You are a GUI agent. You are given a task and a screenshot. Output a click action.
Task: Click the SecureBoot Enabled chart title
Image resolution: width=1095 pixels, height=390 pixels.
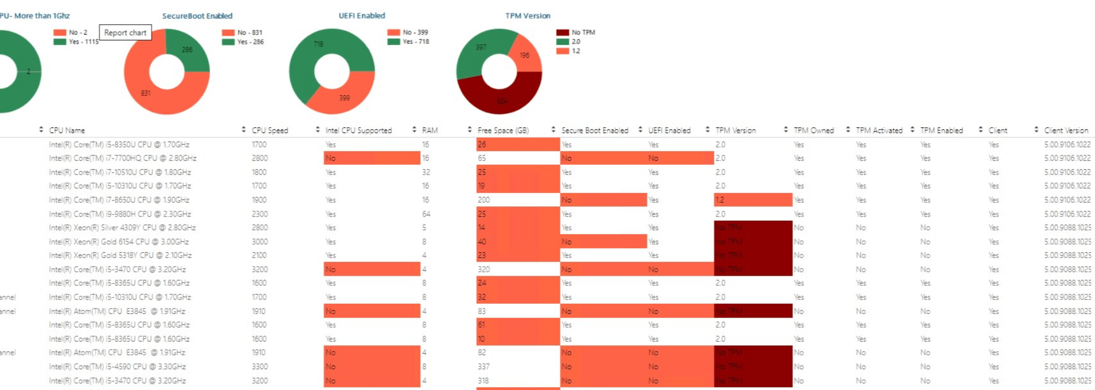click(197, 16)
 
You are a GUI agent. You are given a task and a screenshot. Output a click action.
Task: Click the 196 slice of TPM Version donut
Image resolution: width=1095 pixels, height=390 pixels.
click(524, 55)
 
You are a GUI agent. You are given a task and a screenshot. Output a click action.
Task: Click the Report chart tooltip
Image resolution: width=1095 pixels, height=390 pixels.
click(125, 33)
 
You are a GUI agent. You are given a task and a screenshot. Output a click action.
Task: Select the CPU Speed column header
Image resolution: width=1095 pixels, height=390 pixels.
click(270, 130)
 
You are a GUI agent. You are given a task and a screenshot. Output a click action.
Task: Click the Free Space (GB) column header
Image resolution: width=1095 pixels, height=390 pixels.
click(503, 130)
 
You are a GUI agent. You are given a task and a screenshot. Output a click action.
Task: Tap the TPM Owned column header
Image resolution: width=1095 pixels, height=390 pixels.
click(813, 130)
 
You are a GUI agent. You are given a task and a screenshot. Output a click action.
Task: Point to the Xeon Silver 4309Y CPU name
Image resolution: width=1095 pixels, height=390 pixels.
click(122, 228)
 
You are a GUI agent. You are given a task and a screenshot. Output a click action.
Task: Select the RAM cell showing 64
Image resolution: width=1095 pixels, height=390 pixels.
click(426, 214)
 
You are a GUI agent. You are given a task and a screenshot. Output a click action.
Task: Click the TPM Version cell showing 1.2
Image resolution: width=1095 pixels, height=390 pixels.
click(720, 200)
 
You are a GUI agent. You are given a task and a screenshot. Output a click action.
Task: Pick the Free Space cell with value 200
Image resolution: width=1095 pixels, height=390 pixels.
click(484, 200)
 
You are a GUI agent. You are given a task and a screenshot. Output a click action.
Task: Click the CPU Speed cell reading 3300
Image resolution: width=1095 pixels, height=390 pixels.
click(260, 367)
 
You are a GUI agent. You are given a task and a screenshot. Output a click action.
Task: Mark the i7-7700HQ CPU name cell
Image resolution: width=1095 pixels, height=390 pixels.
click(122, 158)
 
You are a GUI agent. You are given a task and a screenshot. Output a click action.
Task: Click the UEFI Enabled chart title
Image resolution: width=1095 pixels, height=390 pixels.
click(362, 16)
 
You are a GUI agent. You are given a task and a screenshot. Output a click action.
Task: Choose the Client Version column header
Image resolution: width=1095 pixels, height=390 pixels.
click(1066, 130)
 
